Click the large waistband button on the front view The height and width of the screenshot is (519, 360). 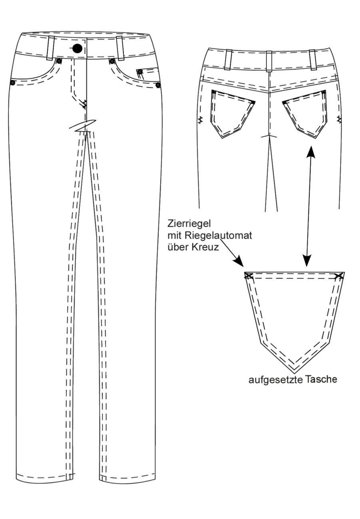[77, 48]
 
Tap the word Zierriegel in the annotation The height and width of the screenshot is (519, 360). [189, 224]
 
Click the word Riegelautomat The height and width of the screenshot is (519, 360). [218, 236]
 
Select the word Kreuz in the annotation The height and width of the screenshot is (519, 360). [205, 247]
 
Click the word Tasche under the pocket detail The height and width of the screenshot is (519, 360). [321, 379]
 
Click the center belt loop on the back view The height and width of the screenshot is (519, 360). [269, 61]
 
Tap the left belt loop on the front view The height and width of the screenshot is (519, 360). [51, 48]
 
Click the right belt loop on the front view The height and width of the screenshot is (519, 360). [120, 48]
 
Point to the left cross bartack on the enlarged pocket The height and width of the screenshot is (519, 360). [249, 276]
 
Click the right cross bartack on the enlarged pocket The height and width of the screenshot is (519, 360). [339, 276]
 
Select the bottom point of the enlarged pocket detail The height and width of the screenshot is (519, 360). [295, 373]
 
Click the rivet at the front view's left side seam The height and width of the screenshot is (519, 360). [12, 83]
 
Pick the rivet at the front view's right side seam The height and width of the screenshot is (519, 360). [158, 85]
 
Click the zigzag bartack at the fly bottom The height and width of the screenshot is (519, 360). [84, 104]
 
